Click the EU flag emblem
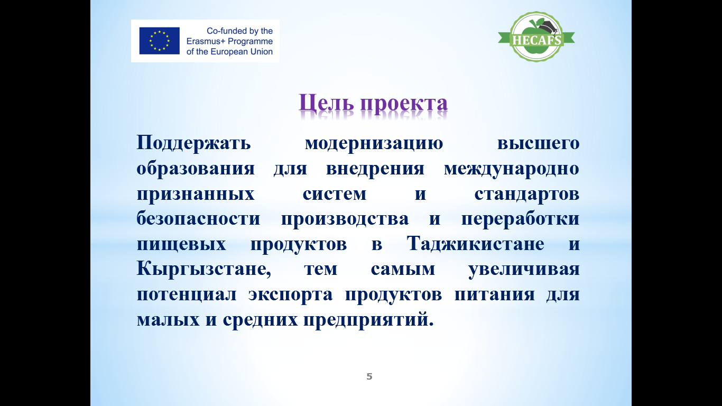tap(159, 41)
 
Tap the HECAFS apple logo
tap(536, 37)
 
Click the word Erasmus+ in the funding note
tap(206, 41)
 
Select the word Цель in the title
tap(326, 103)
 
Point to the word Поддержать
tap(194, 143)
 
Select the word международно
tap(512, 169)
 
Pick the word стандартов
tap(526, 194)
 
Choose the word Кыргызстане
tap(203, 269)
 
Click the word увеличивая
tap(524, 270)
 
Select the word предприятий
tap(368, 319)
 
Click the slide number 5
tap(369, 376)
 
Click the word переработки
tap(520, 219)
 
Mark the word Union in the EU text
tap(262, 52)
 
